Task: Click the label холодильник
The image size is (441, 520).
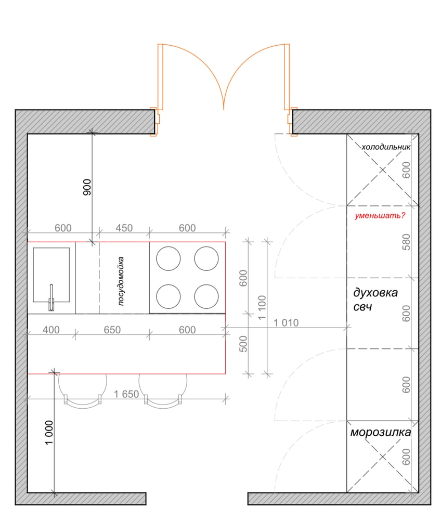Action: coord(386,147)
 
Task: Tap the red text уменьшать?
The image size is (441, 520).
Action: coord(380,216)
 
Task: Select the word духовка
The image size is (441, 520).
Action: coord(375,293)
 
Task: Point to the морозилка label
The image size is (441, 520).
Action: coord(381,432)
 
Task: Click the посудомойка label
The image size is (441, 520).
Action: coord(121,281)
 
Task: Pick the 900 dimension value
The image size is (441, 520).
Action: coord(87,187)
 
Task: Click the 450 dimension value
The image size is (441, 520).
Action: coord(124,228)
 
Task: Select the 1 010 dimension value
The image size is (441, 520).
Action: coord(286,323)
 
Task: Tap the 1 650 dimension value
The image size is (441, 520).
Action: coord(126,394)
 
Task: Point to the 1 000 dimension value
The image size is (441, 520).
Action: coord(49,433)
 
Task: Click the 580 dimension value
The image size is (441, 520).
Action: coord(406,242)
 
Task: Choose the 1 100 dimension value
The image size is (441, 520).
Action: coord(262,307)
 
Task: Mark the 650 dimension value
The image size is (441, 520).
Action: coord(112,330)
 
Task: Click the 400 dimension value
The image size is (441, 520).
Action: coord(51,330)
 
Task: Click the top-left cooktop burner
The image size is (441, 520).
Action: coord(168,258)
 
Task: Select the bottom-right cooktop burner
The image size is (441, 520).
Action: coord(206,296)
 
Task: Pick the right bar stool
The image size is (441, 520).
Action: coord(163,406)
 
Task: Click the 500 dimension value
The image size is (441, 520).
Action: coord(243,344)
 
